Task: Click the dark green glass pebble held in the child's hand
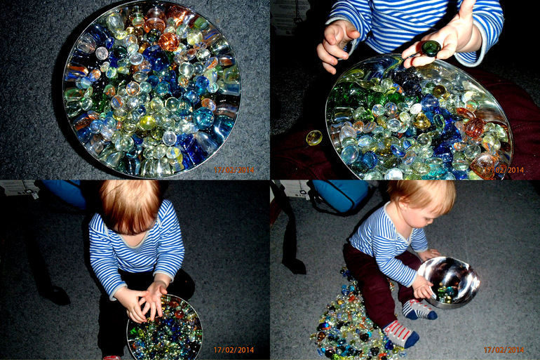(430, 48)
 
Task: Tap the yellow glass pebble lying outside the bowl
(314, 138)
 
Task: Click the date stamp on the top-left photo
(234, 170)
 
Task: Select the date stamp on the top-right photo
(504, 170)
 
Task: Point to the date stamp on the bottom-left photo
(234, 350)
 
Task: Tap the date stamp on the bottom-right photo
(504, 350)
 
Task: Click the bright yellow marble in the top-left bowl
(147, 122)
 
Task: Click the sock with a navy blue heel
(419, 309)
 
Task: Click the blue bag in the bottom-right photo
(341, 195)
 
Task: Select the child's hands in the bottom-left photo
(144, 301)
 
